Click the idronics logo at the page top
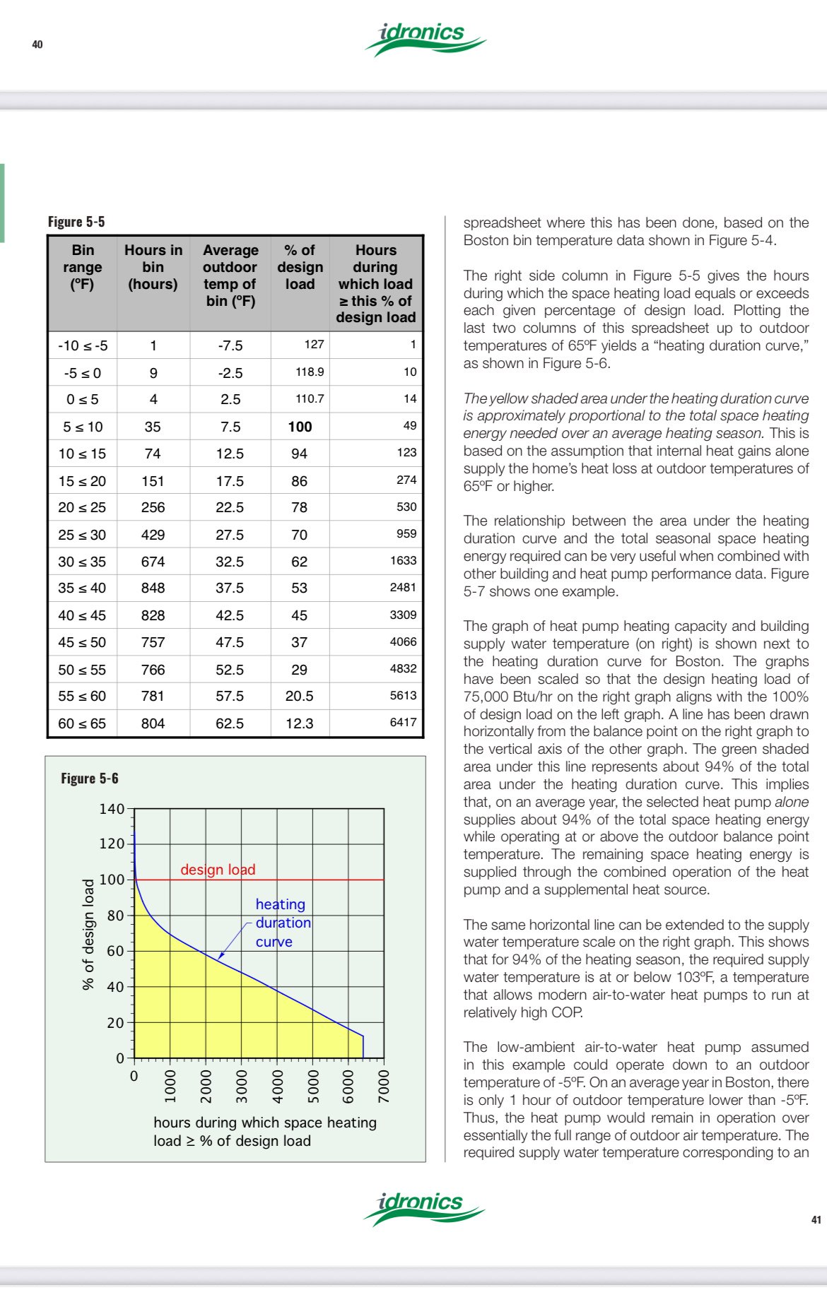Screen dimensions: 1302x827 point(425,40)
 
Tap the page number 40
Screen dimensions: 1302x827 point(37,45)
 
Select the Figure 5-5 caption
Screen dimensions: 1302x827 point(76,222)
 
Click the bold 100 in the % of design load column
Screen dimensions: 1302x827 point(300,427)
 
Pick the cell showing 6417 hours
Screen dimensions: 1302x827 point(403,722)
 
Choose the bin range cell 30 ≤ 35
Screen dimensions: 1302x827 point(82,562)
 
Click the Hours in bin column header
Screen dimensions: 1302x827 point(153,267)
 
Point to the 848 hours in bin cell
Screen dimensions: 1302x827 point(153,588)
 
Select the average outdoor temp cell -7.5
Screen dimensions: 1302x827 point(230,345)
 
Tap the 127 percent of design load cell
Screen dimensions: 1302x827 point(314,344)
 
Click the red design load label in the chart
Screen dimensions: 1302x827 point(218,870)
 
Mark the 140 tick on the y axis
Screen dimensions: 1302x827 point(112,809)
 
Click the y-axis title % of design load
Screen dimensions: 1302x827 point(88,934)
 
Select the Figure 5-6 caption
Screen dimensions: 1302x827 point(90,779)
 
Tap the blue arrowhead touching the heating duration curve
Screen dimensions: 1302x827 point(221,957)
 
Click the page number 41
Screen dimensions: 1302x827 point(816,1219)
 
